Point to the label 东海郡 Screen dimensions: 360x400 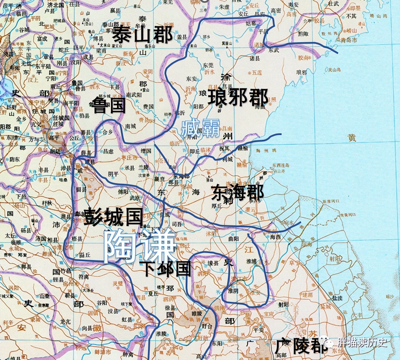(x=237, y=193)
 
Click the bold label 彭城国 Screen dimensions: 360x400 (x=113, y=217)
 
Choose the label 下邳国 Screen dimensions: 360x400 (x=167, y=269)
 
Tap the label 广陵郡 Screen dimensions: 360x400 (x=301, y=346)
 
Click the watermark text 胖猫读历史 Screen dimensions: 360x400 (x=362, y=342)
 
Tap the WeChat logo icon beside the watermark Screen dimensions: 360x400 (x=327, y=342)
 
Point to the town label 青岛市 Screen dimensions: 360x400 (x=349, y=40)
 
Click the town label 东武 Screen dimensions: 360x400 (x=274, y=50)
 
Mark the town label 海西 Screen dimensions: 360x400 (x=275, y=237)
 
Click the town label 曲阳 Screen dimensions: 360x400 (x=233, y=239)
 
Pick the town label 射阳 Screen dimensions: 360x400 (x=283, y=305)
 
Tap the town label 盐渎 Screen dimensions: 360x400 (x=337, y=298)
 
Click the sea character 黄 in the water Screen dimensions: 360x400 (x=352, y=137)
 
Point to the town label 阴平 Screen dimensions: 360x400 (x=113, y=174)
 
